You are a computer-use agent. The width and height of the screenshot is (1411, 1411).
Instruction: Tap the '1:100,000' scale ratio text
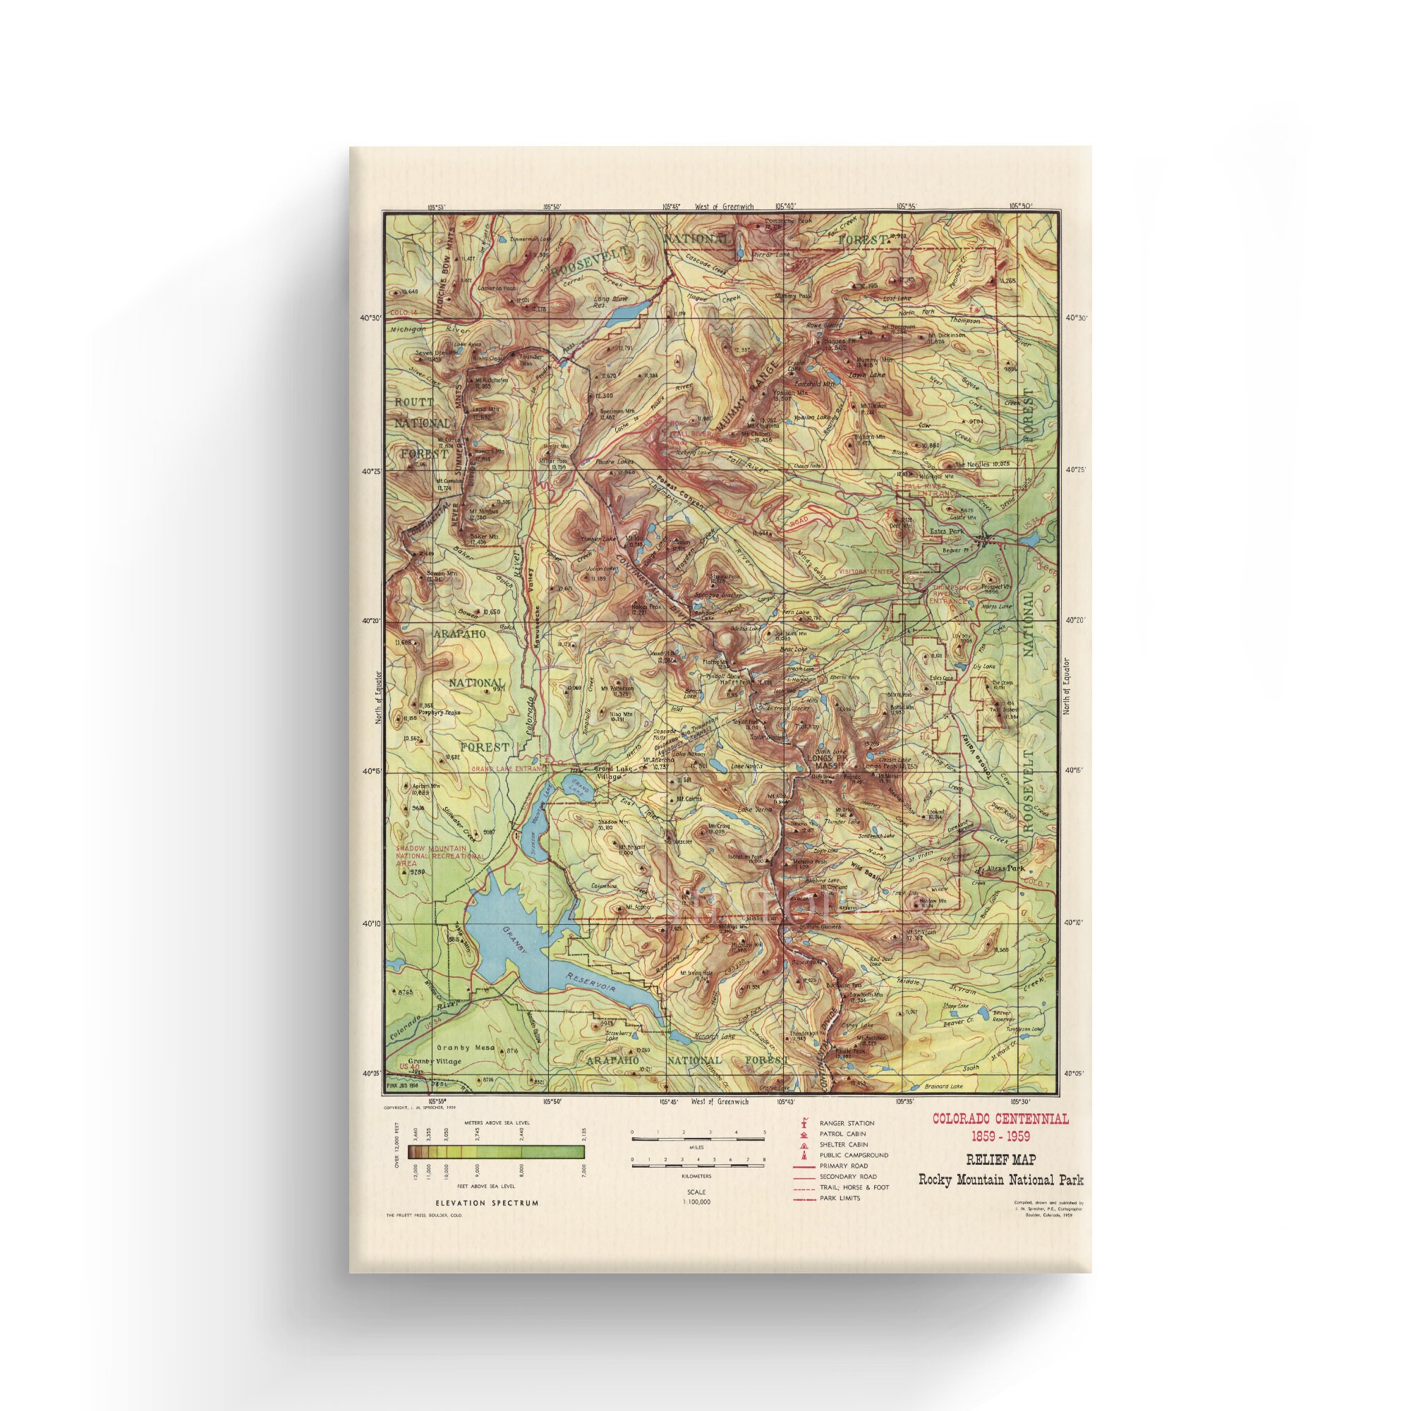(696, 1201)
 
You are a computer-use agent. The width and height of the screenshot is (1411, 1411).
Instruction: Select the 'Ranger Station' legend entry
(847, 1123)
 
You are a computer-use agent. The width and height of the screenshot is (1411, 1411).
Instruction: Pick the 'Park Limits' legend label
(840, 1198)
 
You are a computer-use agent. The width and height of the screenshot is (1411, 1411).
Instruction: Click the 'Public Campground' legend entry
(853, 1156)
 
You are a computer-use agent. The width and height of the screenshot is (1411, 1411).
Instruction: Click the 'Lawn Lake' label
(867, 375)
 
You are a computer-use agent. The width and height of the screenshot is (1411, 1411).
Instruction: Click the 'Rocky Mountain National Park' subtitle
(1000, 1180)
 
